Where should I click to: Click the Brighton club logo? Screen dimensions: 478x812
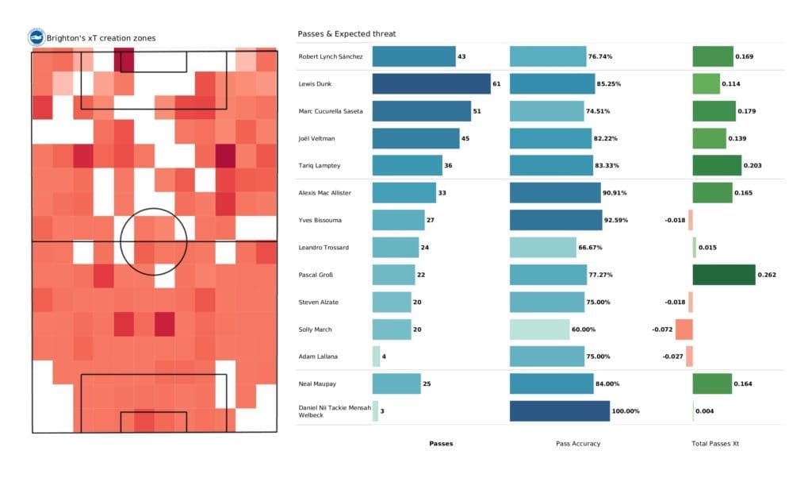click(x=36, y=37)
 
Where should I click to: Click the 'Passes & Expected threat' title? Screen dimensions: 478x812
click(x=347, y=34)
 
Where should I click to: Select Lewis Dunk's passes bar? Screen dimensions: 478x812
click(x=431, y=83)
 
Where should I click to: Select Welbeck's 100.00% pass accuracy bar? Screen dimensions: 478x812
click(x=559, y=411)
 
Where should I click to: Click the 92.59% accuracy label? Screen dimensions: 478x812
click(x=615, y=220)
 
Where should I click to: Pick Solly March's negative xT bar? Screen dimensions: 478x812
click(x=684, y=330)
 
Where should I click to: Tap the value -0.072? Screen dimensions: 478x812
click(x=662, y=330)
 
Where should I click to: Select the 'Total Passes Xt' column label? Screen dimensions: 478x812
click(x=716, y=444)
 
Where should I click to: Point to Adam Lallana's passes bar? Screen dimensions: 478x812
click(x=376, y=357)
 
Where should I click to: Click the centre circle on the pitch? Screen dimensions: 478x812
click(x=154, y=241)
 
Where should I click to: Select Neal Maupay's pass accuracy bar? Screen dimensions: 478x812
click(x=551, y=384)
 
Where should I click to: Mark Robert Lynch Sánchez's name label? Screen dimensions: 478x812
click(x=331, y=56)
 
